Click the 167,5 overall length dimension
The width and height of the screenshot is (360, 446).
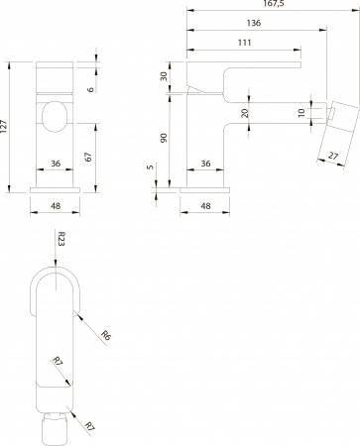click(271, 5)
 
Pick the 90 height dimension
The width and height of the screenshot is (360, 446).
click(165, 141)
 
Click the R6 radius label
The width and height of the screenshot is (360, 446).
click(105, 338)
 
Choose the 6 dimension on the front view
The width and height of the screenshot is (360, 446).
click(90, 89)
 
